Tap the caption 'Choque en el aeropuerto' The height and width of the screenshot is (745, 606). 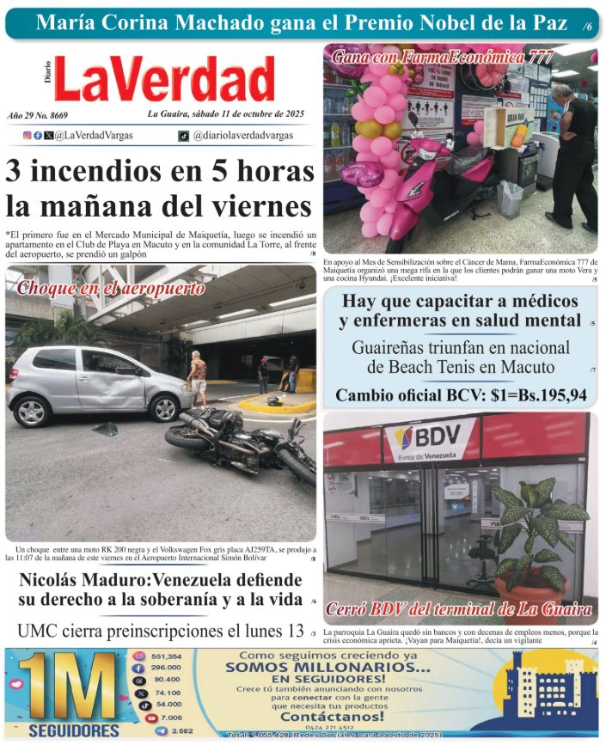pyautogui.click(x=110, y=289)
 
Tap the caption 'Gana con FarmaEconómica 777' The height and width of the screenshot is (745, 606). pyautogui.click(x=442, y=58)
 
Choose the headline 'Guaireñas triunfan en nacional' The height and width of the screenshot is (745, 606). pyautogui.click(x=461, y=348)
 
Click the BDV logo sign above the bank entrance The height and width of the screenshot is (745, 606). pyautogui.click(x=429, y=438)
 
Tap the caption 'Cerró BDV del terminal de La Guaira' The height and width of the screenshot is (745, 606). pyautogui.click(x=459, y=611)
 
